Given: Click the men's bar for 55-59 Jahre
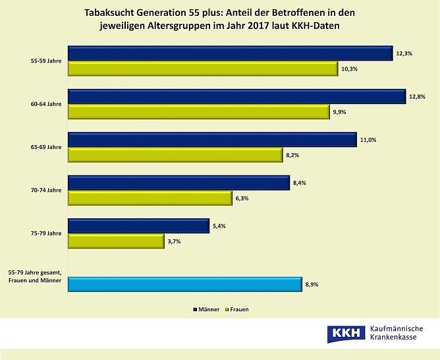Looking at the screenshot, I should (x=231, y=54).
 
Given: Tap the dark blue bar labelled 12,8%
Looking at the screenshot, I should (x=236, y=97).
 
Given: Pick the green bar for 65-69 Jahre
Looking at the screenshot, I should (x=175, y=155).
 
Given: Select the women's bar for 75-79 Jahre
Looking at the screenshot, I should (x=116, y=241).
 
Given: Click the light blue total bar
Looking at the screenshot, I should (x=185, y=285).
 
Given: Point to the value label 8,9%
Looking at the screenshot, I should (x=312, y=285).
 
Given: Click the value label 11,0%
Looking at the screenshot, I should (x=368, y=140).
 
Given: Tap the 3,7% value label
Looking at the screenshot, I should (x=175, y=241).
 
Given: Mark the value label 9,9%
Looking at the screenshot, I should (x=339, y=112).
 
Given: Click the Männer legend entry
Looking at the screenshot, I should (x=208, y=309).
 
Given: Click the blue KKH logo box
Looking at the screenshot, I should (x=346, y=333).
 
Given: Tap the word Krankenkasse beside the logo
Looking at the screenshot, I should (x=397, y=338).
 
